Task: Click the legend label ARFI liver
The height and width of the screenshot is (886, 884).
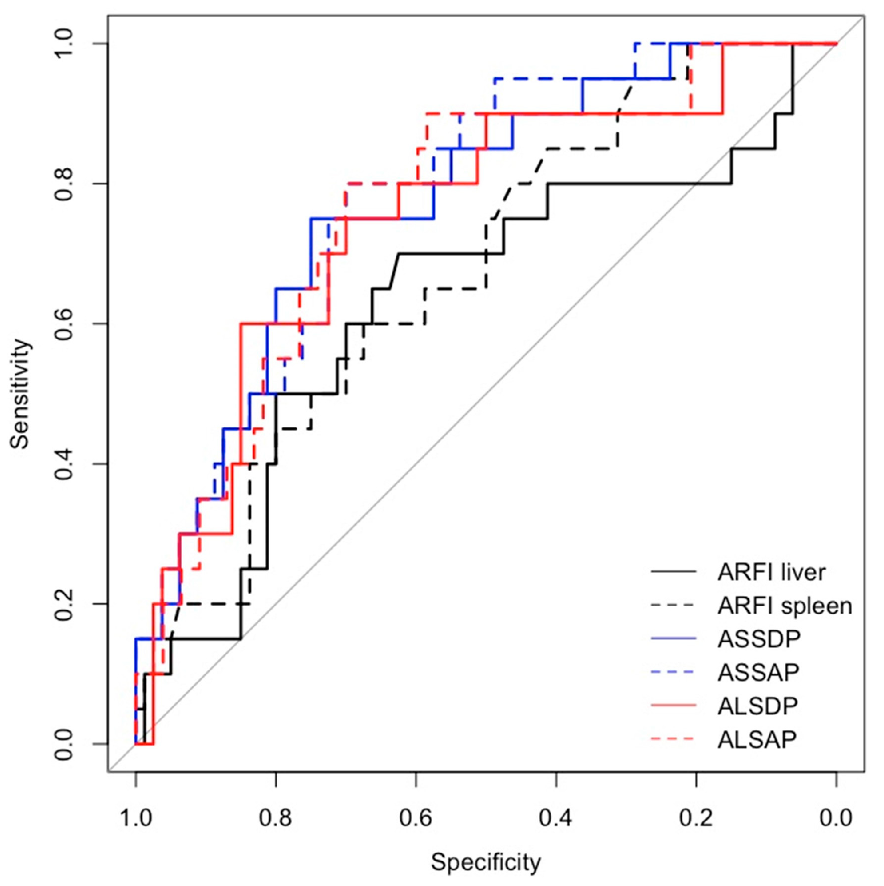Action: pos(771,572)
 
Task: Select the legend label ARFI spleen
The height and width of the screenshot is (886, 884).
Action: pos(785,606)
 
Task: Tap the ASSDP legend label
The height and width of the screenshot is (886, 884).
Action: pos(759,639)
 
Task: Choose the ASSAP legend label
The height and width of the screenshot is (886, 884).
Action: pos(758,672)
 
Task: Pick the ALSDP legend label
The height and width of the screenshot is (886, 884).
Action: pos(758,706)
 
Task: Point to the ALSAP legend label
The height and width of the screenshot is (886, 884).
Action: pos(757,739)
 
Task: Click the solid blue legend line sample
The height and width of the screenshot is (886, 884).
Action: pos(673,639)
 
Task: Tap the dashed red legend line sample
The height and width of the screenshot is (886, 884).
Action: pos(673,739)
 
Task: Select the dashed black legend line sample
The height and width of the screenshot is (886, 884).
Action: pos(673,606)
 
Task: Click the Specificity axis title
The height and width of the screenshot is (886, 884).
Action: pos(485,862)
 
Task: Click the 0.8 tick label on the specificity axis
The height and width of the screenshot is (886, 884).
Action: pos(276,818)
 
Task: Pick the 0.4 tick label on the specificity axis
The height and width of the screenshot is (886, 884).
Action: pos(556,818)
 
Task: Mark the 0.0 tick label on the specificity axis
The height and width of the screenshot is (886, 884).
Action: pos(836,818)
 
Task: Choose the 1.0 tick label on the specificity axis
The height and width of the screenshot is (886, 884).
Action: pos(136,818)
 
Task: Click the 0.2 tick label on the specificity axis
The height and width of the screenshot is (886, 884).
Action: pos(696,818)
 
